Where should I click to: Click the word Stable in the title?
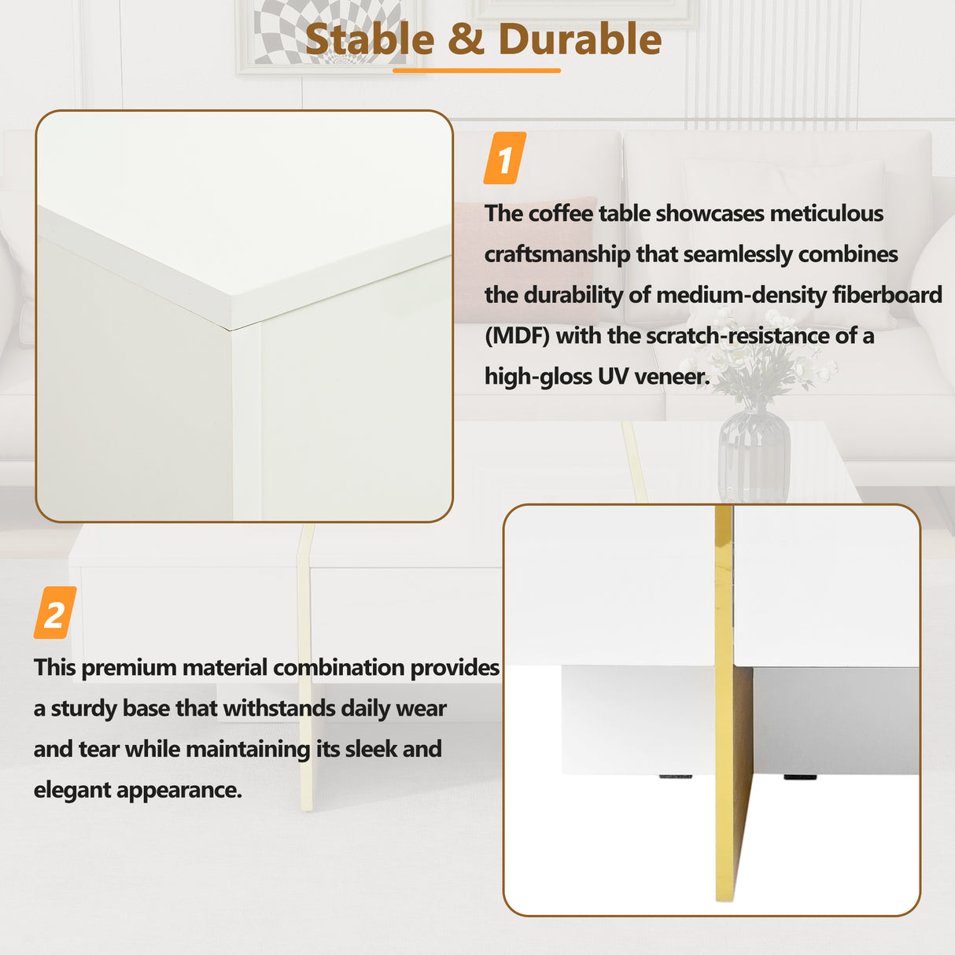coord(369,39)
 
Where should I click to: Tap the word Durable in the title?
coord(580,39)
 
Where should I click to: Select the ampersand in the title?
coord(466,39)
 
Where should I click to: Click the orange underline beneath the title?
coord(477,71)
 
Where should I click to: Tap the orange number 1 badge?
coord(504,158)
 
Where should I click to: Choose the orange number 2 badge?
coord(54,612)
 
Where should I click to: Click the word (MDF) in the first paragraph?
coord(517,336)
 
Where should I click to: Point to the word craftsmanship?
coord(557,254)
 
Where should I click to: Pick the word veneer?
coord(671,377)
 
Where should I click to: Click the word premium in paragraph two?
coord(129,668)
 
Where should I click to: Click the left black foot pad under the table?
coord(675,776)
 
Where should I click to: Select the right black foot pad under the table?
coord(799,776)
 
